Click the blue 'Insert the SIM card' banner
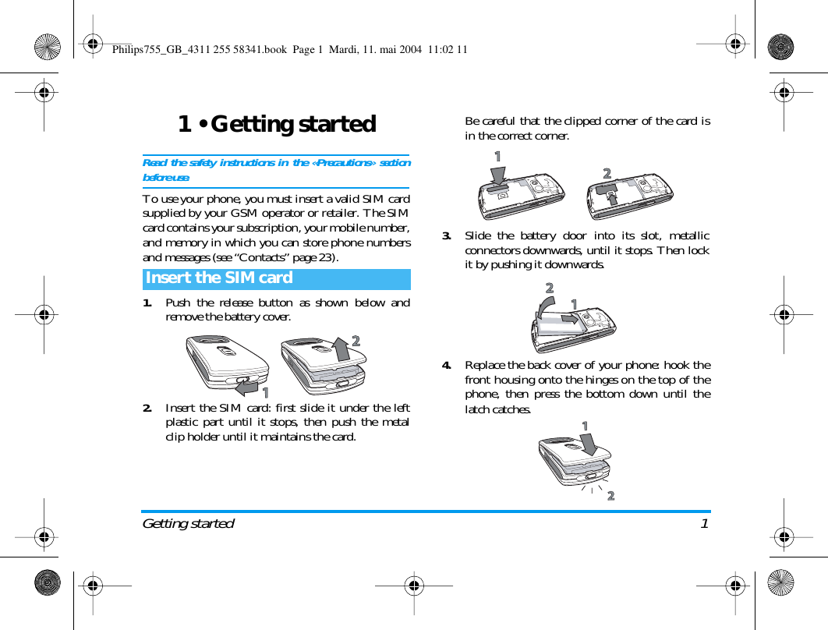point(276,278)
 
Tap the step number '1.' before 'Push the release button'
point(147,303)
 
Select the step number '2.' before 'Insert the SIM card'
point(147,408)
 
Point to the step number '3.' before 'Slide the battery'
point(447,235)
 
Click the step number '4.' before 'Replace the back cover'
point(447,365)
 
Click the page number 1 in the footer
point(704,523)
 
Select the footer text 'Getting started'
point(188,523)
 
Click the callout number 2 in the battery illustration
point(550,289)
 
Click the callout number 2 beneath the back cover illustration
point(610,496)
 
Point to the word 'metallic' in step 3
point(689,235)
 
